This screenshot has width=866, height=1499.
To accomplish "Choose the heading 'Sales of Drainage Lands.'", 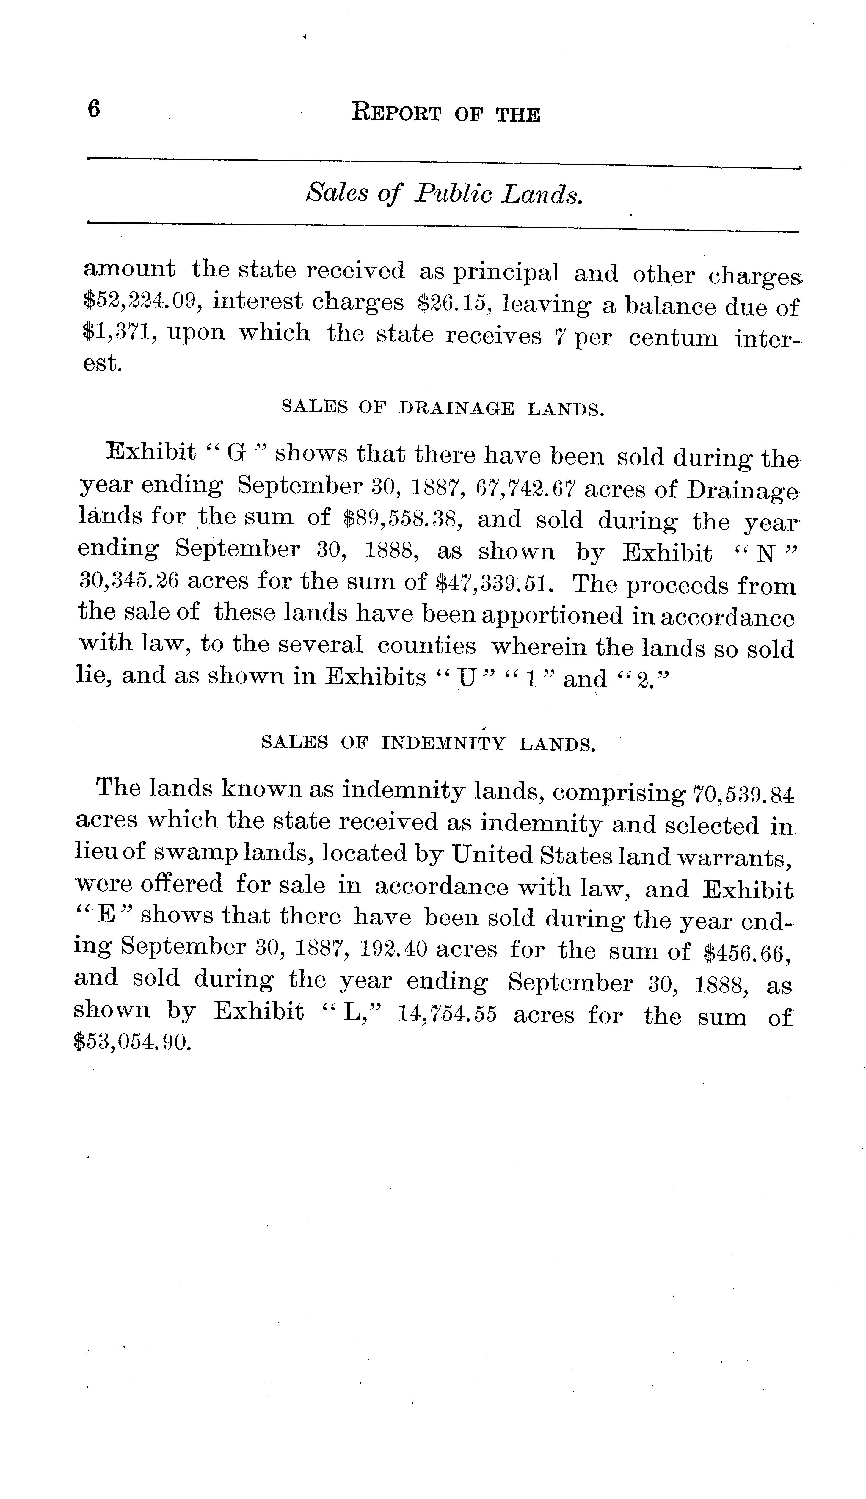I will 443,409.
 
